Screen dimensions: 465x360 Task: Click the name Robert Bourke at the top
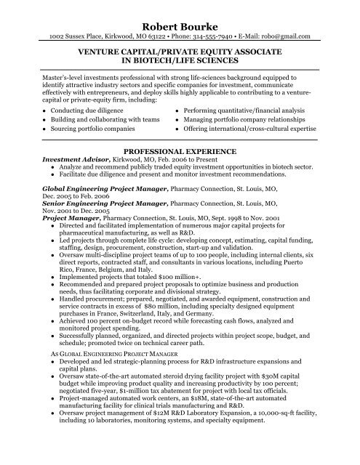(180, 21)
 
